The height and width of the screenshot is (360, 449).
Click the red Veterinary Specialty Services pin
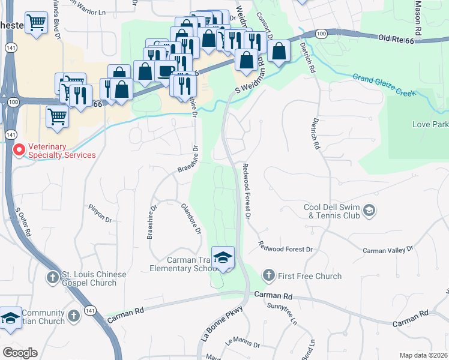[x=19, y=149]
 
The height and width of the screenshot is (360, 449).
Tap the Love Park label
[x=430, y=125]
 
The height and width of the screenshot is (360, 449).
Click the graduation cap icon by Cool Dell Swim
[x=369, y=210]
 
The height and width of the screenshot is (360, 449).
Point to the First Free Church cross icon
[x=268, y=276]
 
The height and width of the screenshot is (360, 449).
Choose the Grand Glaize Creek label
[x=384, y=85]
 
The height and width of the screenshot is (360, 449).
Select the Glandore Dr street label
[x=190, y=218]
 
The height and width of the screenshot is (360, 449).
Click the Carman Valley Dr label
[x=388, y=249]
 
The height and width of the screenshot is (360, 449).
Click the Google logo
[x=20, y=352]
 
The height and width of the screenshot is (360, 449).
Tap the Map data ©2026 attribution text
[x=423, y=355]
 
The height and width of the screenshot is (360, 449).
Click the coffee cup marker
[x=166, y=70]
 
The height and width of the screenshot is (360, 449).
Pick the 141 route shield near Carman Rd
[x=89, y=310]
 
